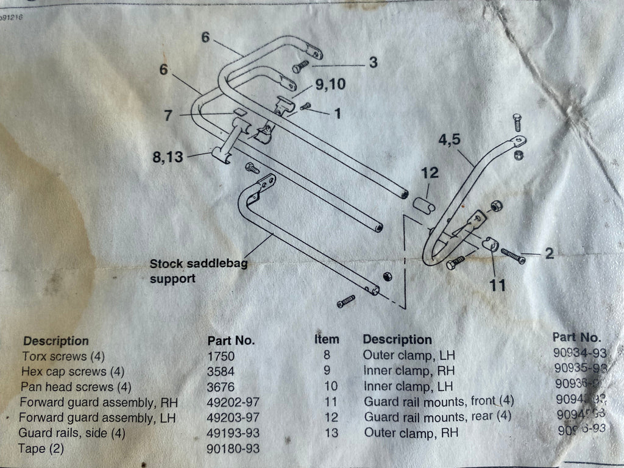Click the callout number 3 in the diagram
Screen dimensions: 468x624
click(373, 62)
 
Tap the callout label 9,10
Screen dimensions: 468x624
click(330, 85)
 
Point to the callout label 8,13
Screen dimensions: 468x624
click(167, 157)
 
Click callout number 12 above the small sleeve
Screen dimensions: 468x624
click(430, 173)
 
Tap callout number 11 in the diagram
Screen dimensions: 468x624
click(498, 285)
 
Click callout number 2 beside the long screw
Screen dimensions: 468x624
click(549, 253)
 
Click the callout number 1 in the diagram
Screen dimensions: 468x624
click(337, 113)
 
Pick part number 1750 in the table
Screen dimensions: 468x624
click(221, 356)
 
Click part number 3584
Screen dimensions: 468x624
click(221, 371)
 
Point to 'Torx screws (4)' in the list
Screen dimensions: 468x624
click(55, 356)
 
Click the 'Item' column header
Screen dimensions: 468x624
click(327, 339)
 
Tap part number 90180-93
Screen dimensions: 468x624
click(233, 449)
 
